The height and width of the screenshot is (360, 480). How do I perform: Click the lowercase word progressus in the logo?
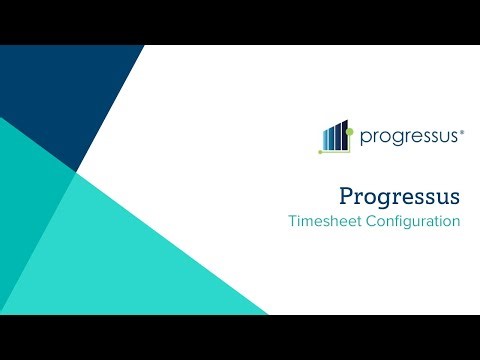pos(407,136)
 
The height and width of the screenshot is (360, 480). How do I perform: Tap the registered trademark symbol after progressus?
pos(461,130)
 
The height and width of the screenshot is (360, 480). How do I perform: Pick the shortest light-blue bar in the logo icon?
pos(324,140)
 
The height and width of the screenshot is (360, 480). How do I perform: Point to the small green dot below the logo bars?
pos(320,152)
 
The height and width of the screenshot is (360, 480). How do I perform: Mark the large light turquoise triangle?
pos(140,250)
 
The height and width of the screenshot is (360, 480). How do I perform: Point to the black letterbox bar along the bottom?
pos(240,338)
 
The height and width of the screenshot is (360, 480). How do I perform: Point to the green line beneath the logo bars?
pos(335,151)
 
